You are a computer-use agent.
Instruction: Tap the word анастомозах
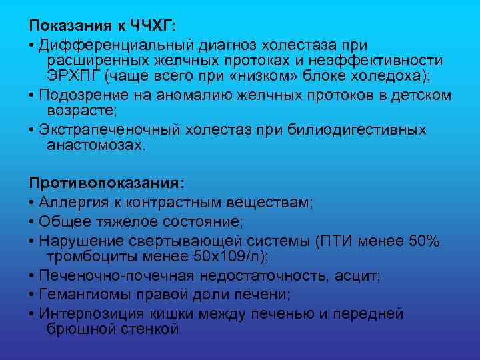click(95, 145)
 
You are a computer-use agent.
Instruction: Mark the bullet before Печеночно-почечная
click(32, 276)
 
